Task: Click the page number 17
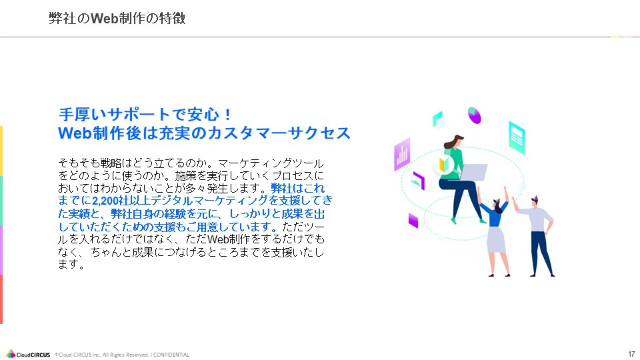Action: pyautogui.click(x=631, y=353)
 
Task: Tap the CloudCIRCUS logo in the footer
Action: pyautogui.click(x=28, y=354)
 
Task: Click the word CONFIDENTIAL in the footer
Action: pyautogui.click(x=171, y=355)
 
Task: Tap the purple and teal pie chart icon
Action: pyautogui.click(x=475, y=115)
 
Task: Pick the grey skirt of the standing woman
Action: pyautogui.click(x=497, y=240)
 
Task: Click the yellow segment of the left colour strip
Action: pyautogui.click(x=1, y=151)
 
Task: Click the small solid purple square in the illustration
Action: pyautogui.click(x=413, y=221)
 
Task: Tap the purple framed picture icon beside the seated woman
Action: pyautogui.click(x=418, y=179)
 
